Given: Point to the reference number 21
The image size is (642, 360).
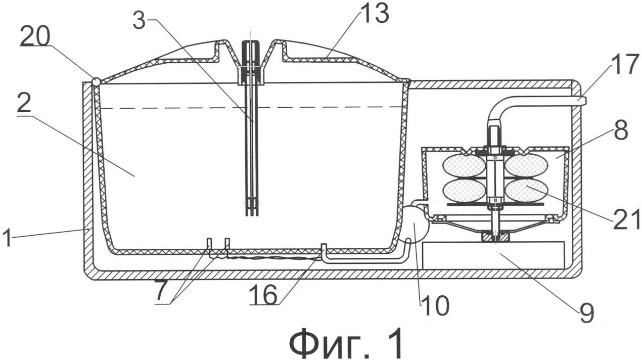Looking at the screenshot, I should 625,218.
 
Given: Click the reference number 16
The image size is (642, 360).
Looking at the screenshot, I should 263,296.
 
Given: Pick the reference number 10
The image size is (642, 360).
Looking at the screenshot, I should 435,305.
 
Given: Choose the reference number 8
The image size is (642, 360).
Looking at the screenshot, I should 621,131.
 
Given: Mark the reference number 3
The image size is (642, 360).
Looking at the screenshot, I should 142,20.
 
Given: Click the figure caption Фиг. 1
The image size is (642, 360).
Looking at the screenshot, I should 346,342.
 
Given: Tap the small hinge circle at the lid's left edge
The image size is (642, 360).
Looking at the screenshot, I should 96,81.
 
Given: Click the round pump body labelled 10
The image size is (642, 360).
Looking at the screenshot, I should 416,227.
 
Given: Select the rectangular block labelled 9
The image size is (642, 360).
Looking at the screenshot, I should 493,255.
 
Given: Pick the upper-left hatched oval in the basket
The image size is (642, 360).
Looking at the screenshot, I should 464,165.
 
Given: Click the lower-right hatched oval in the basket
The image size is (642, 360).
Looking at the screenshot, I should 526,191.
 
